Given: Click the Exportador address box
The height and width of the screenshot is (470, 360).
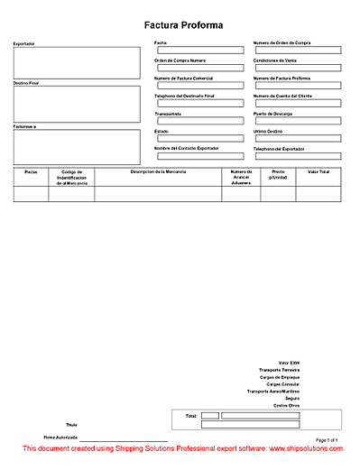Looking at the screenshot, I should pos(77,63).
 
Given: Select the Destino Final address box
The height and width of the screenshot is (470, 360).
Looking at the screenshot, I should pos(77,104).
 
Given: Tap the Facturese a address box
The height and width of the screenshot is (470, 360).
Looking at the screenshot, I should pos(77,147).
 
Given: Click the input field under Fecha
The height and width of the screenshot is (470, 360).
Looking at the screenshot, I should pos(199,51).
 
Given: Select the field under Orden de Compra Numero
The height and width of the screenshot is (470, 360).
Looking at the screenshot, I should pos(199,68).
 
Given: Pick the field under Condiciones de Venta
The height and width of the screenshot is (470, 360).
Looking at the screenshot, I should pos(297,68).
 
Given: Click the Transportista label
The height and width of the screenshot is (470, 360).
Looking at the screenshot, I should pos(169,114).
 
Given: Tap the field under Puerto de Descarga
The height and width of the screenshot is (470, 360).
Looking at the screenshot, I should pos(297,121).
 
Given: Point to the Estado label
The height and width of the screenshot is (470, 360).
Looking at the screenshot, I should pos(162,131).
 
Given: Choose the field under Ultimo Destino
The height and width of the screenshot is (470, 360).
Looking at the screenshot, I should pos(297,138).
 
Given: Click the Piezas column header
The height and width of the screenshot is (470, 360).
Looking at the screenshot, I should pos(31,170).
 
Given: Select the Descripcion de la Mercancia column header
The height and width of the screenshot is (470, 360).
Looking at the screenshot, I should pos(158,170).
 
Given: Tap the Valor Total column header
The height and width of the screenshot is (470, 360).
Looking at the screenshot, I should pos(318,170).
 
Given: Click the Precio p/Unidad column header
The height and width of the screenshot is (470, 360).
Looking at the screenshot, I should pos(278,173).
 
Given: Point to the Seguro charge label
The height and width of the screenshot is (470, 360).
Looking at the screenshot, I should pos(291,398).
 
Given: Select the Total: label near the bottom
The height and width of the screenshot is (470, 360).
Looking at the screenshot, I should pos(190,416).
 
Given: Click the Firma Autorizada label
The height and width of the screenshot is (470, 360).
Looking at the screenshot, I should pos(60,437).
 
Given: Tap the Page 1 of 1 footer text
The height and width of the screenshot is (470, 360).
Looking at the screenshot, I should pos(326,439).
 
